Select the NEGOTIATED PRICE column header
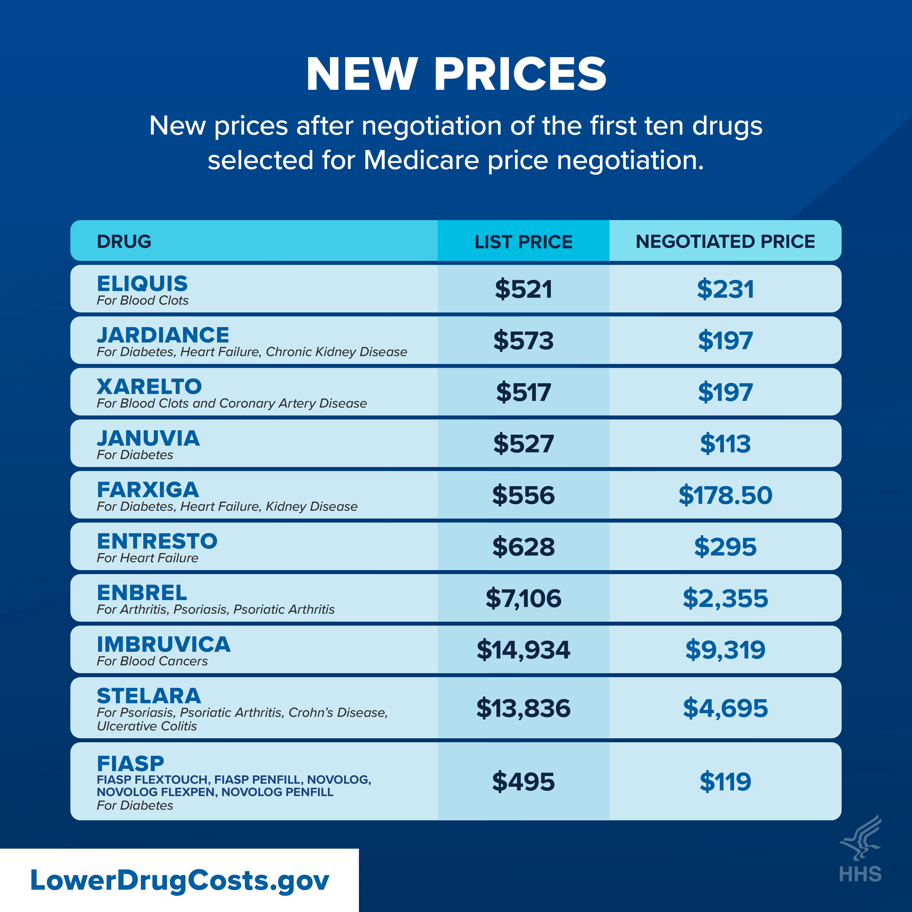(x=725, y=242)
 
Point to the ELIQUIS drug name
(x=142, y=284)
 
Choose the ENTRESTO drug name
(x=157, y=541)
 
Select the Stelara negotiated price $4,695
(x=725, y=708)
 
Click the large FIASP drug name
(x=130, y=763)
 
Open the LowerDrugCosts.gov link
(x=179, y=880)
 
